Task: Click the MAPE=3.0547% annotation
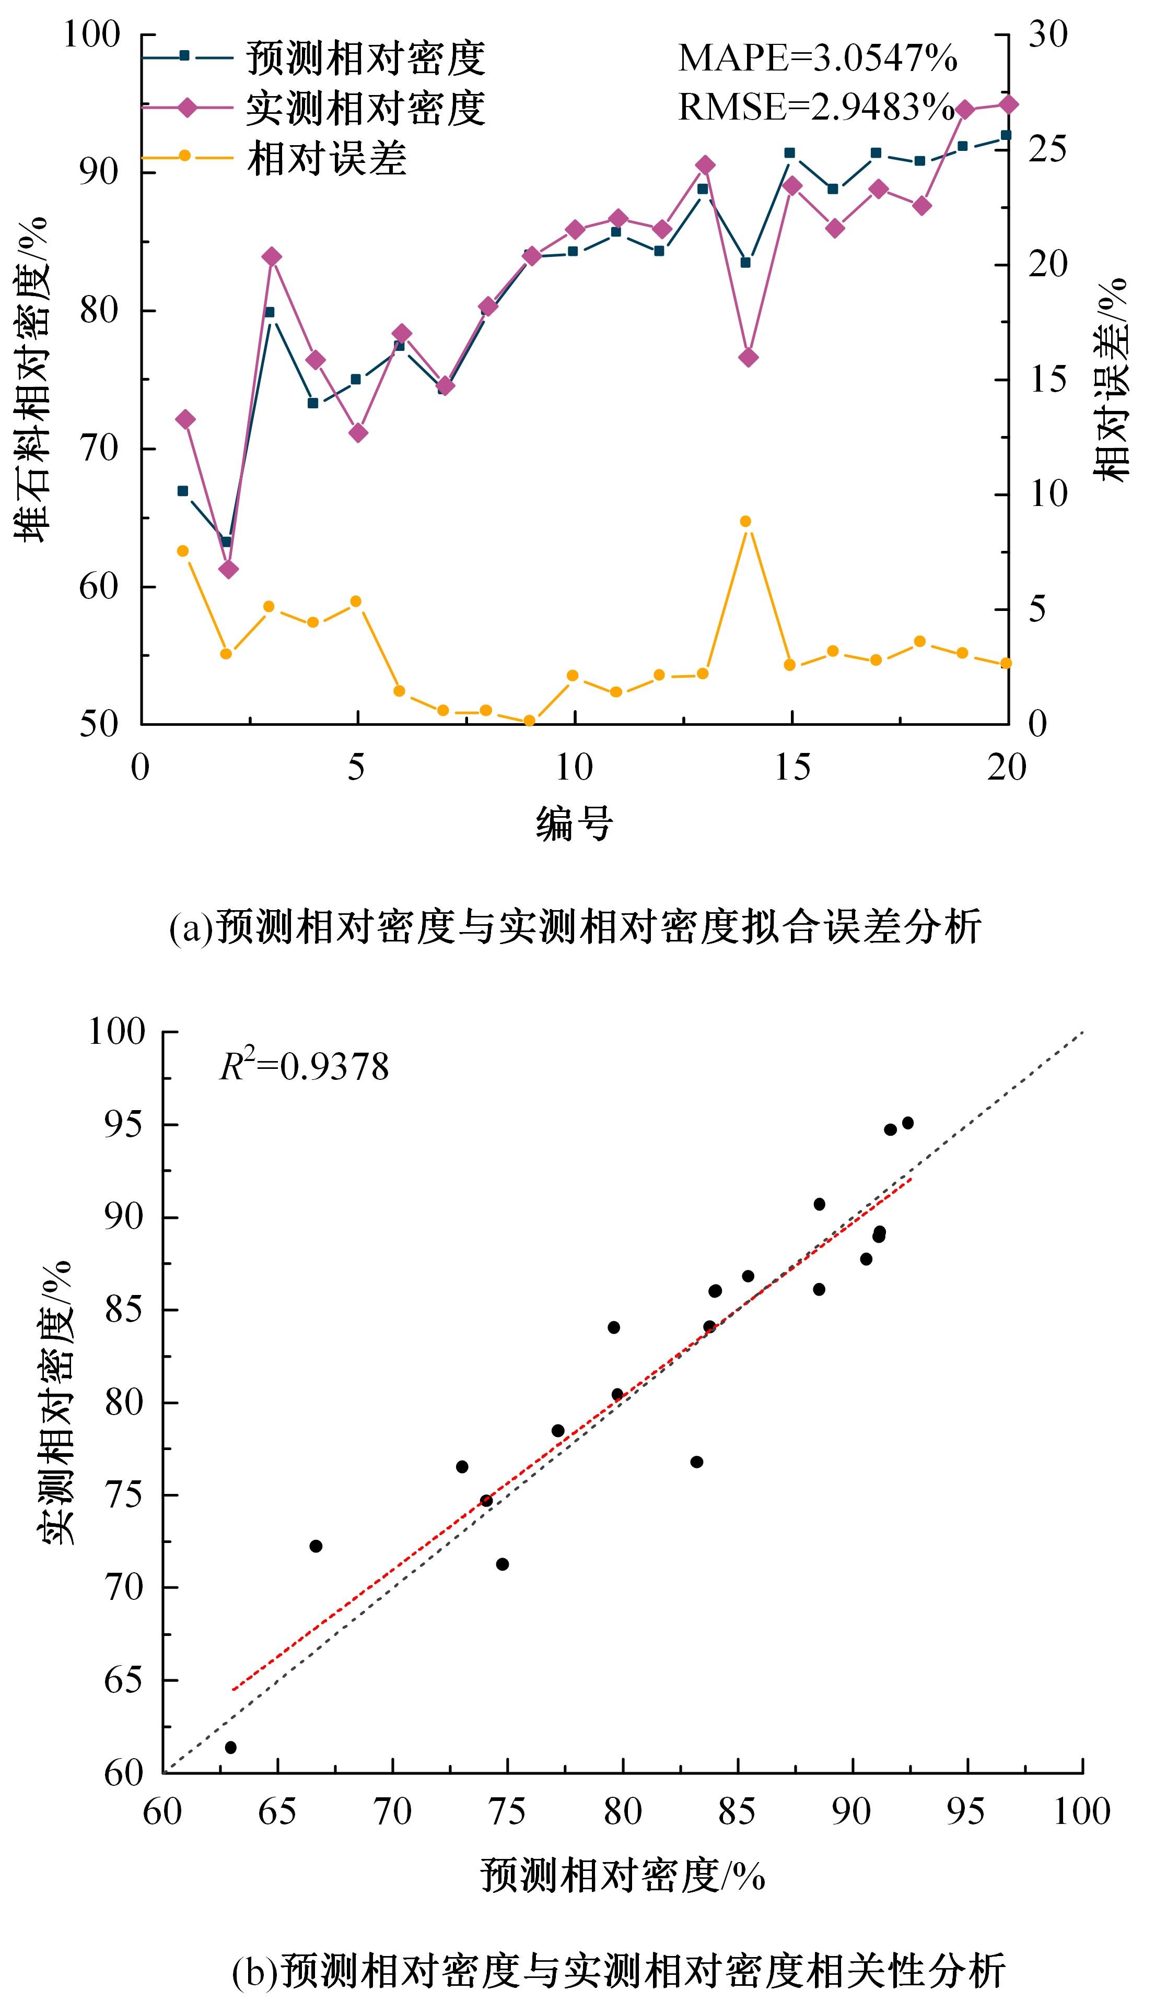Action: (817, 58)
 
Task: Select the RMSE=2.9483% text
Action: (815, 107)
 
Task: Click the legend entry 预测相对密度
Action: (365, 58)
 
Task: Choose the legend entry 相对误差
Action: (327, 158)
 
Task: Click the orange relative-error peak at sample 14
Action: (745, 522)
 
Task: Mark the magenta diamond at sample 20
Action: (1008, 104)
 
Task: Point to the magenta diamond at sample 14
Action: (747, 358)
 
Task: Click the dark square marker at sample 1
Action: (182, 491)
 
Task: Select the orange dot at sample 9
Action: (530, 721)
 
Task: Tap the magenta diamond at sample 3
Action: (271, 256)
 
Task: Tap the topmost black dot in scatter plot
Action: (907, 1123)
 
